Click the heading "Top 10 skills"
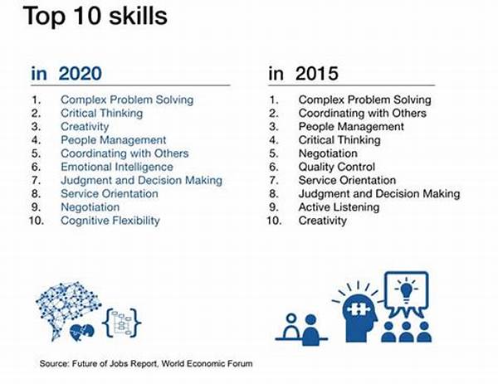[x=95, y=16]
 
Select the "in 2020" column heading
[x=66, y=73]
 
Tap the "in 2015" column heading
[x=303, y=73]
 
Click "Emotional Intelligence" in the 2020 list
[x=117, y=167]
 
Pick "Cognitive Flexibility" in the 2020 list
[x=110, y=221]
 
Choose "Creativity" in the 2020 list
[x=85, y=127]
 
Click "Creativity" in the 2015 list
[x=322, y=221]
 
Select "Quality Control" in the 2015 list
[x=337, y=167]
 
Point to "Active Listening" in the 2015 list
[x=339, y=207]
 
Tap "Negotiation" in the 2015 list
[x=328, y=153]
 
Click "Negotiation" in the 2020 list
[x=90, y=207]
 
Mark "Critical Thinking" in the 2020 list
[x=101, y=114]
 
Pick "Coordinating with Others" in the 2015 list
[x=363, y=114]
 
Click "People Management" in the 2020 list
[x=114, y=140]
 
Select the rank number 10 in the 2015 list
[x=274, y=221]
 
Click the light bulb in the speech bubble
[x=407, y=291]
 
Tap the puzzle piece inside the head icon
[x=359, y=309]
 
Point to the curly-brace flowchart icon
[x=122, y=323]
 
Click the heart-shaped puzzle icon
[x=81, y=333]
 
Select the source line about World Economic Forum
[x=146, y=364]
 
